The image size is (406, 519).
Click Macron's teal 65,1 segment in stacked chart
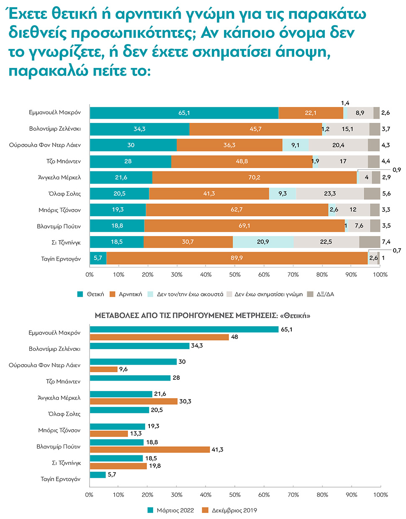coord(184,113)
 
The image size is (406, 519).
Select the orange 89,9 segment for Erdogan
coord(237,258)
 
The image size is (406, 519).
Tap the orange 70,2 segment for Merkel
coord(254,177)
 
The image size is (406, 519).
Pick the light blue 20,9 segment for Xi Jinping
coord(263,242)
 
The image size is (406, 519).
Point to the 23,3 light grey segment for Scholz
coord(330,194)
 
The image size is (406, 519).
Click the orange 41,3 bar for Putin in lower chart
coord(150,449)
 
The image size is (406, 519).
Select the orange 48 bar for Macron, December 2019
coord(159,337)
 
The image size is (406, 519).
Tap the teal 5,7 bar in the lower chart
coord(98,475)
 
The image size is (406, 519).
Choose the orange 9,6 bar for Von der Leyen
coord(104,369)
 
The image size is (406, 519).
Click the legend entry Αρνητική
coord(126,294)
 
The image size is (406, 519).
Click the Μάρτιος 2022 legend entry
coord(171,510)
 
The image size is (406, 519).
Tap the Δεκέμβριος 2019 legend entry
coord(230,510)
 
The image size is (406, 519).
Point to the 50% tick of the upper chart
coord(235,275)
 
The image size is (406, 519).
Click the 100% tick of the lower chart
coord(380,495)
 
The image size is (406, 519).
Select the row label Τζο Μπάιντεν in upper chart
coord(63,161)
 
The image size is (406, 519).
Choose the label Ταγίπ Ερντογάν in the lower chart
coord(60,479)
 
